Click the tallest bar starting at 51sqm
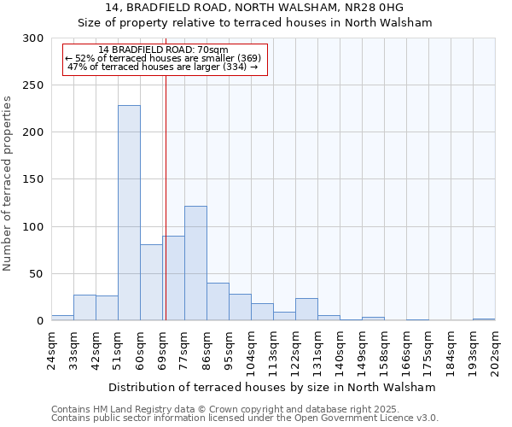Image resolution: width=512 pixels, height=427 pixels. [x=129, y=213]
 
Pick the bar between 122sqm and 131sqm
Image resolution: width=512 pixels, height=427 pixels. [x=306, y=309]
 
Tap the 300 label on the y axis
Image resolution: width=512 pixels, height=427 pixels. [x=32, y=38]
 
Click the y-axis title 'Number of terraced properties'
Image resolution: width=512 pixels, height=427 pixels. [x=8, y=184]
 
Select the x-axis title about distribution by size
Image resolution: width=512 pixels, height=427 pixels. [x=272, y=387]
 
